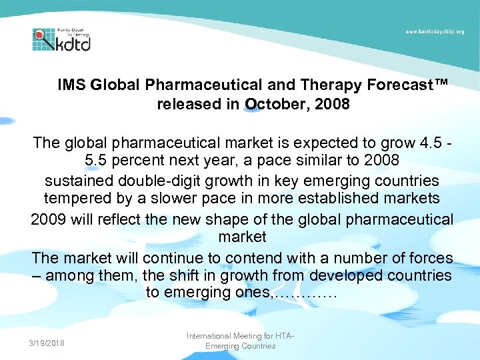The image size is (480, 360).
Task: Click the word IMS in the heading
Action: [71, 85]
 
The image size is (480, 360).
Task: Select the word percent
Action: [146, 161]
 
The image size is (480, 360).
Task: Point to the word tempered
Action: [75, 199]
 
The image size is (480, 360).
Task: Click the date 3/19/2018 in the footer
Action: [47, 343]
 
